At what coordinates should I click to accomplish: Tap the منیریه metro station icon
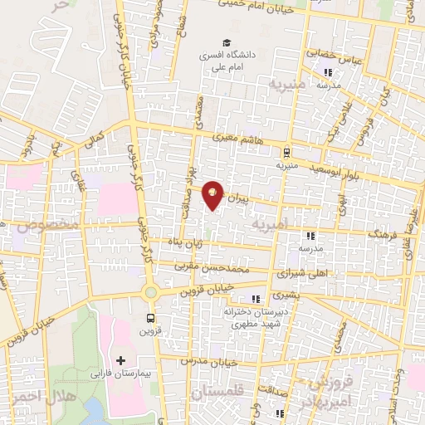(x=286, y=152)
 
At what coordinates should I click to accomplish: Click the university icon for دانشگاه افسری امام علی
(x=224, y=43)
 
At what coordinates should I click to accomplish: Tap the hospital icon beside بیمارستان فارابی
(x=121, y=361)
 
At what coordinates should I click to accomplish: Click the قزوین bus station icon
(x=150, y=318)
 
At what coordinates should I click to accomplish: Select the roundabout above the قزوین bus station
(x=150, y=292)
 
